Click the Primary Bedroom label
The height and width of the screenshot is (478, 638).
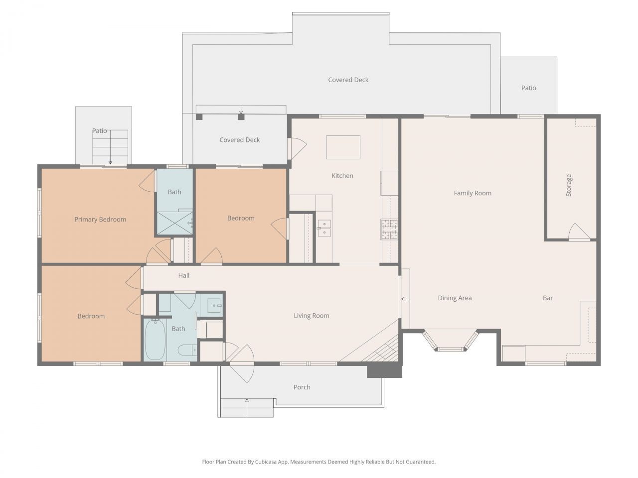tap(100, 219)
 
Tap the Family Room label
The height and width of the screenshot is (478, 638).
tap(472, 193)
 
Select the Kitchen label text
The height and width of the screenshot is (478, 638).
tap(342, 176)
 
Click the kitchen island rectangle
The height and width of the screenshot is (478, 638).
tap(343, 147)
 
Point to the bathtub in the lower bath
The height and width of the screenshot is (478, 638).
tap(155, 340)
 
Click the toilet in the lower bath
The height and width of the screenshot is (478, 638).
tap(187, 351)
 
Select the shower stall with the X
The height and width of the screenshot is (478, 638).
tap(174, 223)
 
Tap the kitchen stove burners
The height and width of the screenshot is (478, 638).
tap(389, 229)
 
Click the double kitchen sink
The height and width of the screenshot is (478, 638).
tap(324, 228)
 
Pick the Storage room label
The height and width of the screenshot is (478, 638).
tap(569, 185)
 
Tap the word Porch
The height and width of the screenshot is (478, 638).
tap(302, 387)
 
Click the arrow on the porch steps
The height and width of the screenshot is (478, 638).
tap(247, 406)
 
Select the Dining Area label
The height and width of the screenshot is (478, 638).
tap(455, 298)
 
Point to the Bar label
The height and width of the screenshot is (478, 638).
tap(548, 298)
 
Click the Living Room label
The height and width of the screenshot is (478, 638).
tap(311, 315)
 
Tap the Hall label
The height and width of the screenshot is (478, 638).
tap(184, 275)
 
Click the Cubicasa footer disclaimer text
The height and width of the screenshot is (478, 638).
tap(319, 462)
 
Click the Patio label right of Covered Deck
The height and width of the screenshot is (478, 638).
tap(528, 88)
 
